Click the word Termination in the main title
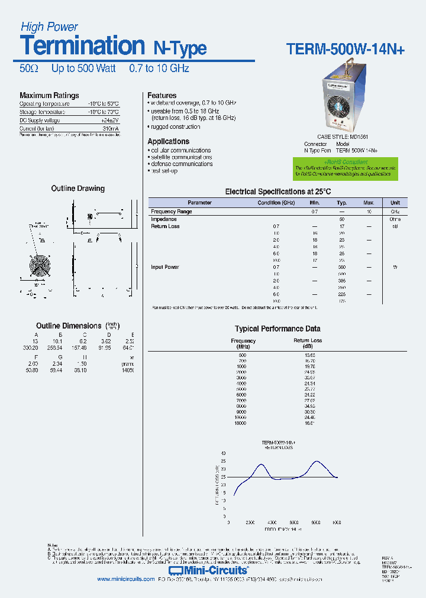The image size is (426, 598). tap(82, 45)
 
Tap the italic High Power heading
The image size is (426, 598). tap(49, 27)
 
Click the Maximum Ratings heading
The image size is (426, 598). tap(49, 96)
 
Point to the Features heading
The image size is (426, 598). tap(162, 96)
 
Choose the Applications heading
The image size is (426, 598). tap(168, 142)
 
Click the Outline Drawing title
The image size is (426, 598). tap(78, 189)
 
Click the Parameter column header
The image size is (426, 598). tap(199, 203)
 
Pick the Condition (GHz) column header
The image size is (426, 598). tap(276, 203)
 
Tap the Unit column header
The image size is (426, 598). tap(395, 203)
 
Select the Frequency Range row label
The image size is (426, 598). tap(172, 212)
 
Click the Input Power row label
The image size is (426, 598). tap(165, 267)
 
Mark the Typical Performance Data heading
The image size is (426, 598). tap(277, 329)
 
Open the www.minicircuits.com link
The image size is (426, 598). tap(125, 580)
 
